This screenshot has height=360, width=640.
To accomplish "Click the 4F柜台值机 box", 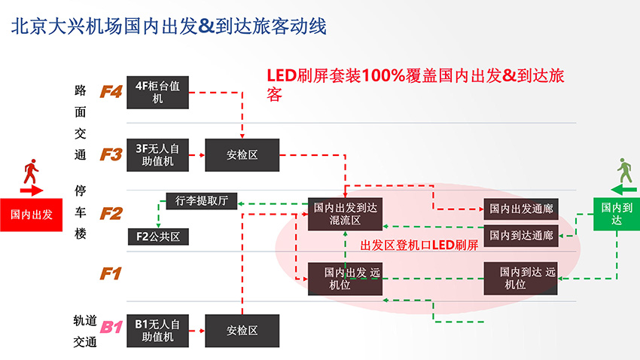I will pyautogui.click(x=157, y=92).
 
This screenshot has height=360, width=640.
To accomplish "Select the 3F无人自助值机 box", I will pyautogui.click(x=157, y=154).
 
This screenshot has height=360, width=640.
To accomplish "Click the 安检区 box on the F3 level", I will pyautogui.click(x=242, y=154).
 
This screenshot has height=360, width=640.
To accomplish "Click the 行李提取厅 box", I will pyautogui.click(x=201, y=201).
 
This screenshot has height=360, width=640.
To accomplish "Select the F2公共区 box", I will pyautogui.click(x=157, y=236).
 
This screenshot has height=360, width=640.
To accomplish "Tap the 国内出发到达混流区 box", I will pyautogui.click(x=346, y=214).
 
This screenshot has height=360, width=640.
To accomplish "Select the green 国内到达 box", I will pyautogui.click(x=617, y=214).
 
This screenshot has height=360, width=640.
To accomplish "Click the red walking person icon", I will pyautogui.click(x=31, y=173).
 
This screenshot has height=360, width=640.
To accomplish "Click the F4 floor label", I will pyautogui.click(x=111, y=93).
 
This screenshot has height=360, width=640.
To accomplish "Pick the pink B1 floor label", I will pyautogui.click(x=111, y=327).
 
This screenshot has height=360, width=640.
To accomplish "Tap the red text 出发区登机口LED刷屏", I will pyautogui.click(x=419, y=245).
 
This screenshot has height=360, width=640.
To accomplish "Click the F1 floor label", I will pyautogui.click(x=111, y=273).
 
